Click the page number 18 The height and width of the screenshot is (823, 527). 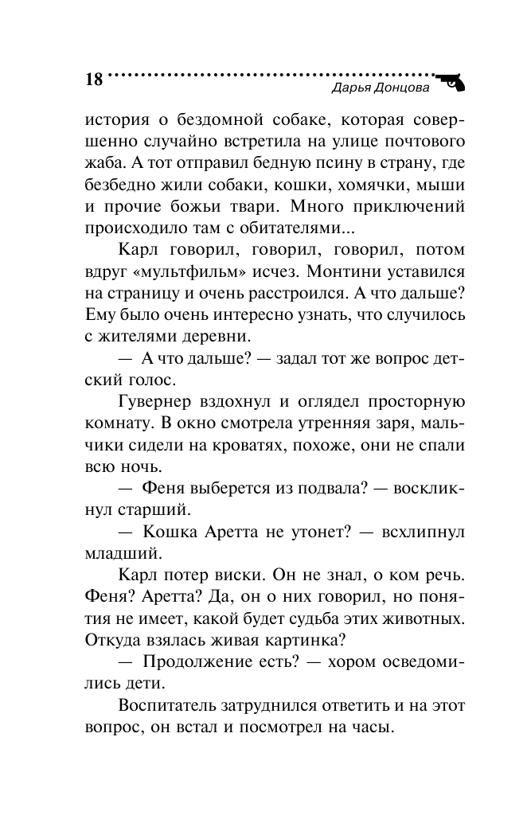tap(92, 80)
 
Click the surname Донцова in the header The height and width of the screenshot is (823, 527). tap(401, 88)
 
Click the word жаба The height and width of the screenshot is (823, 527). tap(99, 163)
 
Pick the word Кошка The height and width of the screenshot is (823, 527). tap(174, 531)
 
